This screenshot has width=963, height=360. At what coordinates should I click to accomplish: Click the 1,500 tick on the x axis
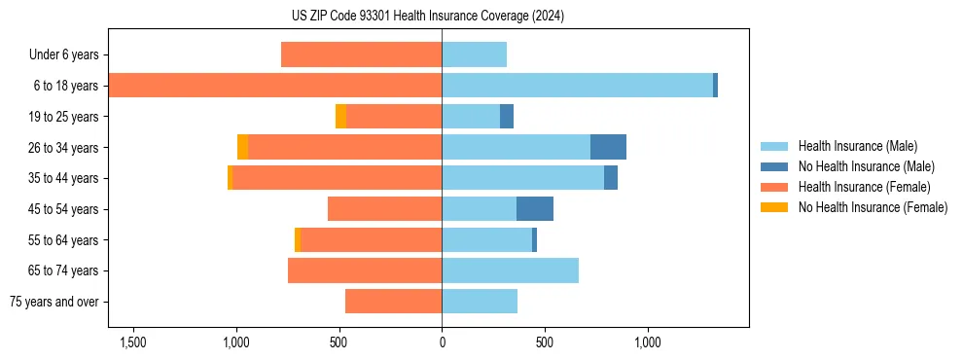click(132, 342)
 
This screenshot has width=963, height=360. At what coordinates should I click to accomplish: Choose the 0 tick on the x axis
click(442, 342)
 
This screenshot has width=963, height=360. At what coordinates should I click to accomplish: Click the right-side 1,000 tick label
click(648, 342)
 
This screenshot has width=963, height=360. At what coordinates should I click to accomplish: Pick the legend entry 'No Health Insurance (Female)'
click(873, 207)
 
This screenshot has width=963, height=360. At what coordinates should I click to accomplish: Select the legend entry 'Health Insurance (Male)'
click(857, 146)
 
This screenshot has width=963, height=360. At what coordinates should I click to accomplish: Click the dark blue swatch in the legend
click(775, 166)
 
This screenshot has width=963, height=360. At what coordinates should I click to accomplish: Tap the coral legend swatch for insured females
click(775, 187)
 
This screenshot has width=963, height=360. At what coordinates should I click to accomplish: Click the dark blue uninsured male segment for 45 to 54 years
click(535, 209)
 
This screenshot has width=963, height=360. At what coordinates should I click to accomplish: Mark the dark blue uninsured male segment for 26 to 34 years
click(608, 147)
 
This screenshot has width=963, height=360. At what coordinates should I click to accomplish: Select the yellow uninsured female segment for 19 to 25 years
click(340, 117)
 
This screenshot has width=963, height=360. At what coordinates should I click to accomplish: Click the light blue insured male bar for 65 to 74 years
click(510, 270)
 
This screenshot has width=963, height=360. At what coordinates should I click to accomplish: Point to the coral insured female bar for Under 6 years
click(361, 54)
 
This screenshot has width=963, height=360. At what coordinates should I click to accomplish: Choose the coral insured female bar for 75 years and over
click(393, 302)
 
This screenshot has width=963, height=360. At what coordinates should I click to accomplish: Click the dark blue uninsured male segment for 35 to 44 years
click(611, 178)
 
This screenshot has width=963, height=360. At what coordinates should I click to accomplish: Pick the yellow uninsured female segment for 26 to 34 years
click(242, 147)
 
